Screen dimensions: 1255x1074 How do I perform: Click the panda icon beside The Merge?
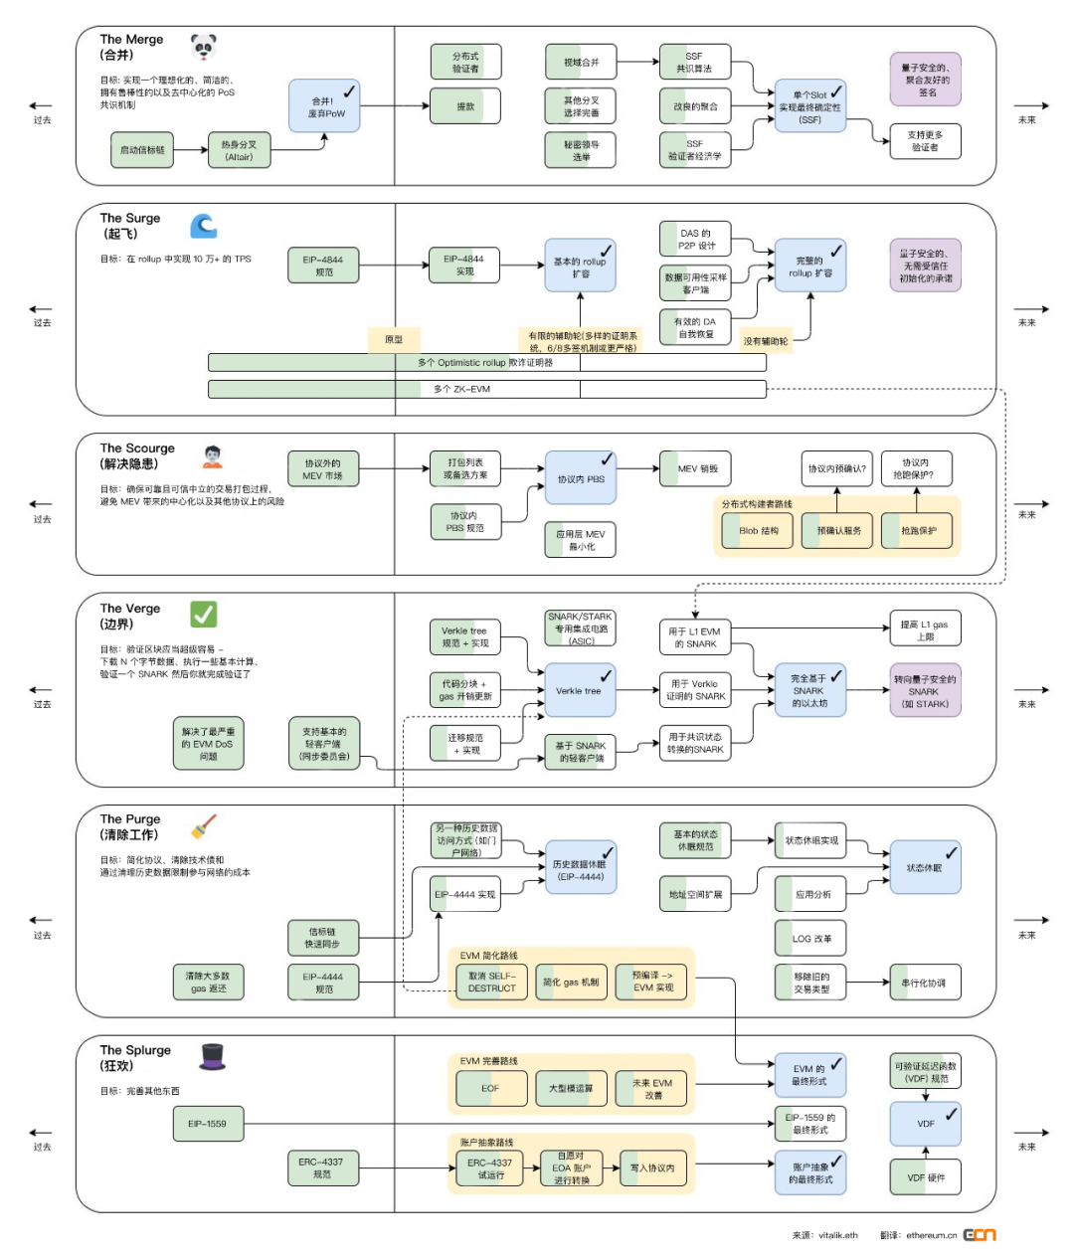[204, 47]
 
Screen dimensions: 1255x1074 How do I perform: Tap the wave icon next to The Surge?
[204, 226]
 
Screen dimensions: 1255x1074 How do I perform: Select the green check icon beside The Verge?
[204, 615]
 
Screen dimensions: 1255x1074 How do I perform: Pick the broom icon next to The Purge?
[204, 826]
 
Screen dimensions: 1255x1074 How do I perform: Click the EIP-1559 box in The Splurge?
[208, 1124]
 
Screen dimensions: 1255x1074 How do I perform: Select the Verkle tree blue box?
[580, 690]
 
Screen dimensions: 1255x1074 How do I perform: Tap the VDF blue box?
[925, 1124]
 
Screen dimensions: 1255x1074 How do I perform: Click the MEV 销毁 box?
[696, 468]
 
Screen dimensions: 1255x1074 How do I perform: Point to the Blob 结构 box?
[758, 531]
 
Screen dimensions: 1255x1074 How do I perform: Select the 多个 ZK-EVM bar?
[487, 389]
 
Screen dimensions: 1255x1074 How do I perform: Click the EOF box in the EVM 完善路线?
[491, 1088]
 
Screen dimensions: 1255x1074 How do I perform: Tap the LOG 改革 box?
[810, 938]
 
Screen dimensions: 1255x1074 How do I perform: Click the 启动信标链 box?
[142, 150]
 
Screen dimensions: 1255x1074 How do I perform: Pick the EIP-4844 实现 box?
[464, 266]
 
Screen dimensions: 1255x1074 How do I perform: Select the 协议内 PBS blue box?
[580, 478]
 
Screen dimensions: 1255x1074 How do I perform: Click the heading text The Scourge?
[137, 448]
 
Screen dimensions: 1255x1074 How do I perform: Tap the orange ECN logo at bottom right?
[980, 1235]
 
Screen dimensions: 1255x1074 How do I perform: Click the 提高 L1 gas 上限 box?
[925, 629]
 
